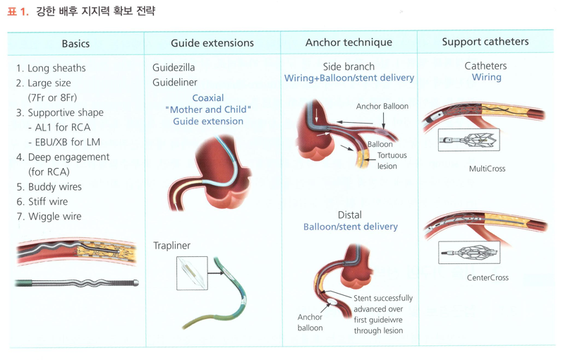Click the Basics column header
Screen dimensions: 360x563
[75, 44]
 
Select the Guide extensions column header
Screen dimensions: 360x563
[212, 43]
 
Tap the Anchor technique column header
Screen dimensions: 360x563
[349, 42]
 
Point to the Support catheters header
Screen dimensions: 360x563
[485, 42]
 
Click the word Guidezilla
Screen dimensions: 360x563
[174, 68]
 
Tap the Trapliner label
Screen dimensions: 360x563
[171, 246]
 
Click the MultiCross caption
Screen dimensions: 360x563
[487, 169]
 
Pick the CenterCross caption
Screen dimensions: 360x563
[488, 278]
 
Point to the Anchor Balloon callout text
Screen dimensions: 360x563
[382, 107]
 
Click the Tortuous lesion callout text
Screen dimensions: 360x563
[392, 161]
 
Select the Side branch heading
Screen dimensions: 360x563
[349, 66]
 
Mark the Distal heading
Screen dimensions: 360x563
[350, 215]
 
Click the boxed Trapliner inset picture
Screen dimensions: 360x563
[192, 273]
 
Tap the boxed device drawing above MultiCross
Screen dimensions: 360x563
[468, 140]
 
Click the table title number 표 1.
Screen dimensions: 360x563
[18, 11]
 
